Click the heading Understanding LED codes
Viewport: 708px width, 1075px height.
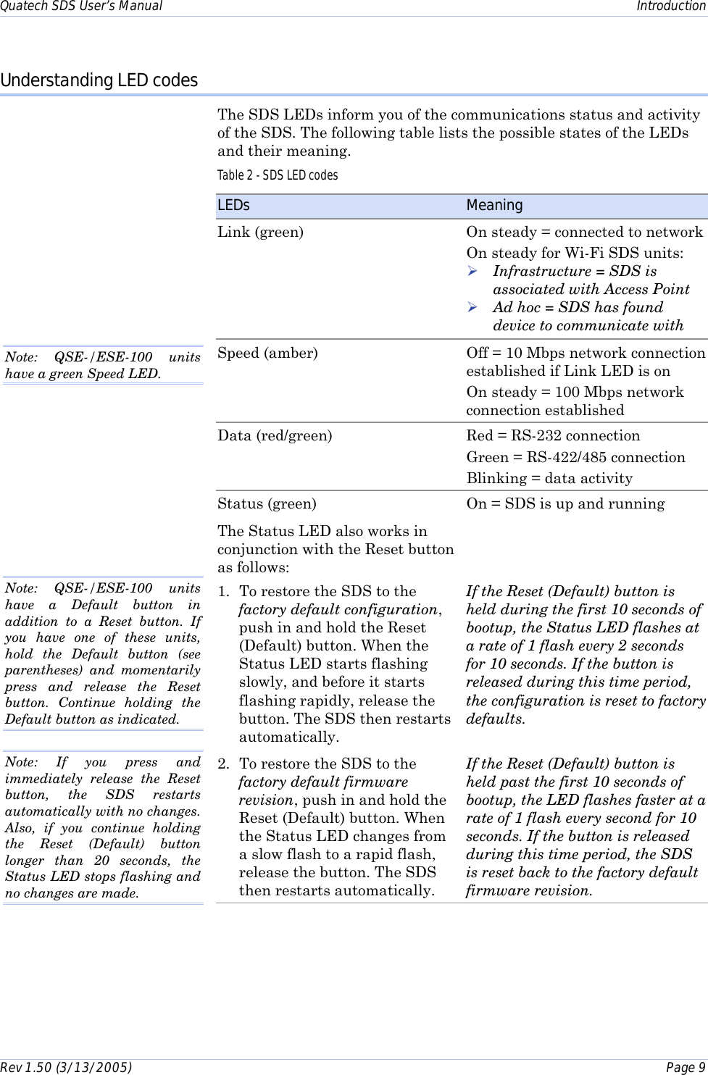click(99, 80)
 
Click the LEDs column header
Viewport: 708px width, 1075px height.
click(233, 206)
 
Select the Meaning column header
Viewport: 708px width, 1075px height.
click(494, 206)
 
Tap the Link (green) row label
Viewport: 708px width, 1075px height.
click(260, 233)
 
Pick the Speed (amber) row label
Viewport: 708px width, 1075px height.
click(267, 354)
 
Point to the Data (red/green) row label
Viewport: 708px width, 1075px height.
click(275, 436)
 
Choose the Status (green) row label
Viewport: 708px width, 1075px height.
click(267, 504)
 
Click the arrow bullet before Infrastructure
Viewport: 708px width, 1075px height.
click(472, 272)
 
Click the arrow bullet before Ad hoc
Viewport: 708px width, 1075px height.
click(472, 308)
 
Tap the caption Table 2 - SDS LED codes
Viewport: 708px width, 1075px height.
click(278, 175)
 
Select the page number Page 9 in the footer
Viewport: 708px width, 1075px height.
click(685, 1067)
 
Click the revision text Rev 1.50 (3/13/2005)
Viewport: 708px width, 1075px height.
click(66, 1067)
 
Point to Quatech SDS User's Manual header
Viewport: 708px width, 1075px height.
click(81, 7)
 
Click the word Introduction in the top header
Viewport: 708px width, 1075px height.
click(670, 7)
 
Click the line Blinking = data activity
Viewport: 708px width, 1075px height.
click(549, 479)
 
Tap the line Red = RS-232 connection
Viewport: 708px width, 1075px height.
click(553, 436)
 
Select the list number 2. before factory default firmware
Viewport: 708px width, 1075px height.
click(224, 764)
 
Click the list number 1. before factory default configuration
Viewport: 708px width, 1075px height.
click(224, 592)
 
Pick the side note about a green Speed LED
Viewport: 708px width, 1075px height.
click(102, 365)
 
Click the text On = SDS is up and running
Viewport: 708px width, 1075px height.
click(565, 504)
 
